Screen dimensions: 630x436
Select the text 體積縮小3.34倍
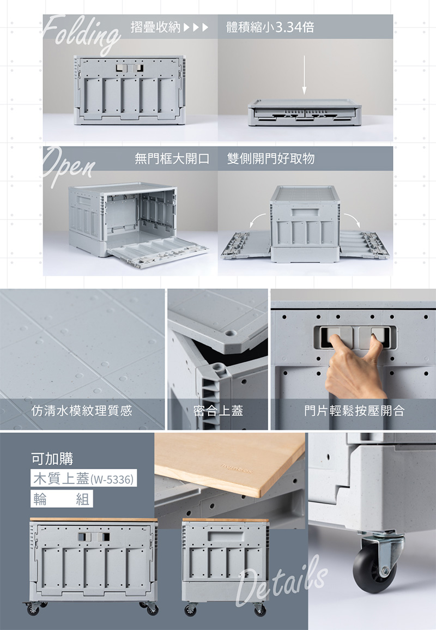click(x=270, y=27)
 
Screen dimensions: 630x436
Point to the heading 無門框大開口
click(x=172, y=159)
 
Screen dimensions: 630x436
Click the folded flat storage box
click(x=304, y=113)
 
